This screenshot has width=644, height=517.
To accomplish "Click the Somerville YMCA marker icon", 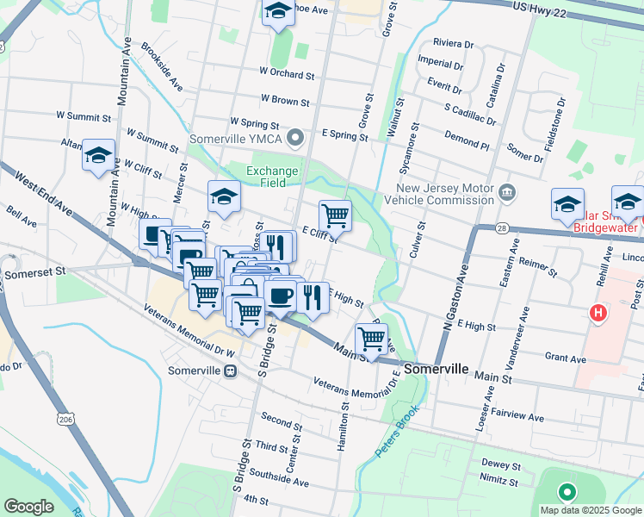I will [x=297, y=137].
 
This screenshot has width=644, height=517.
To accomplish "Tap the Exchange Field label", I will [x=272, y=177].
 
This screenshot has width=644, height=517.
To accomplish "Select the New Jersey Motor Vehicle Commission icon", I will [x=507, y=190].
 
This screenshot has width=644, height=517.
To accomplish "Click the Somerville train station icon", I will [x=230, y=371].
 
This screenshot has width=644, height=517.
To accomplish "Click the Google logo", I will [x=29, y=506].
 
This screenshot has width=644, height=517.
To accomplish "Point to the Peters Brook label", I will [x=395, y=431].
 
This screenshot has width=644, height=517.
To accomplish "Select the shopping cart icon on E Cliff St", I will [x=334, y=215].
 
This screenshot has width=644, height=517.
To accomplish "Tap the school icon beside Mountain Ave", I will [x=99, y=156].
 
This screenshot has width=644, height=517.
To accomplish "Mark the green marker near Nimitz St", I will [x=567, y=493].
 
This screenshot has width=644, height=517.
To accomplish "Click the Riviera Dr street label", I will [x=453, y=43].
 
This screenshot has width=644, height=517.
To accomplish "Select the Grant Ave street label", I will [x=565, y=358].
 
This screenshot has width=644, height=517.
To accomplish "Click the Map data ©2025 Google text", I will [x=591, y=509].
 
